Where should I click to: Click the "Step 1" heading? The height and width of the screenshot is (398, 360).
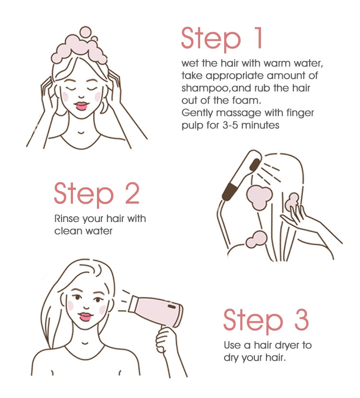pos(222,38)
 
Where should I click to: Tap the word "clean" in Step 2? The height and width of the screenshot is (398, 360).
pos(68,231)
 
